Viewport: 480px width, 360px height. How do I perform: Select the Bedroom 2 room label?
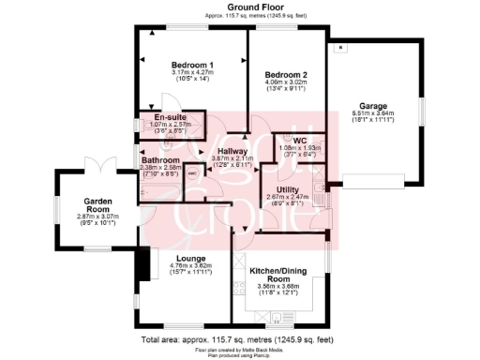287,74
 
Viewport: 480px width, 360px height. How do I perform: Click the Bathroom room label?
160,159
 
